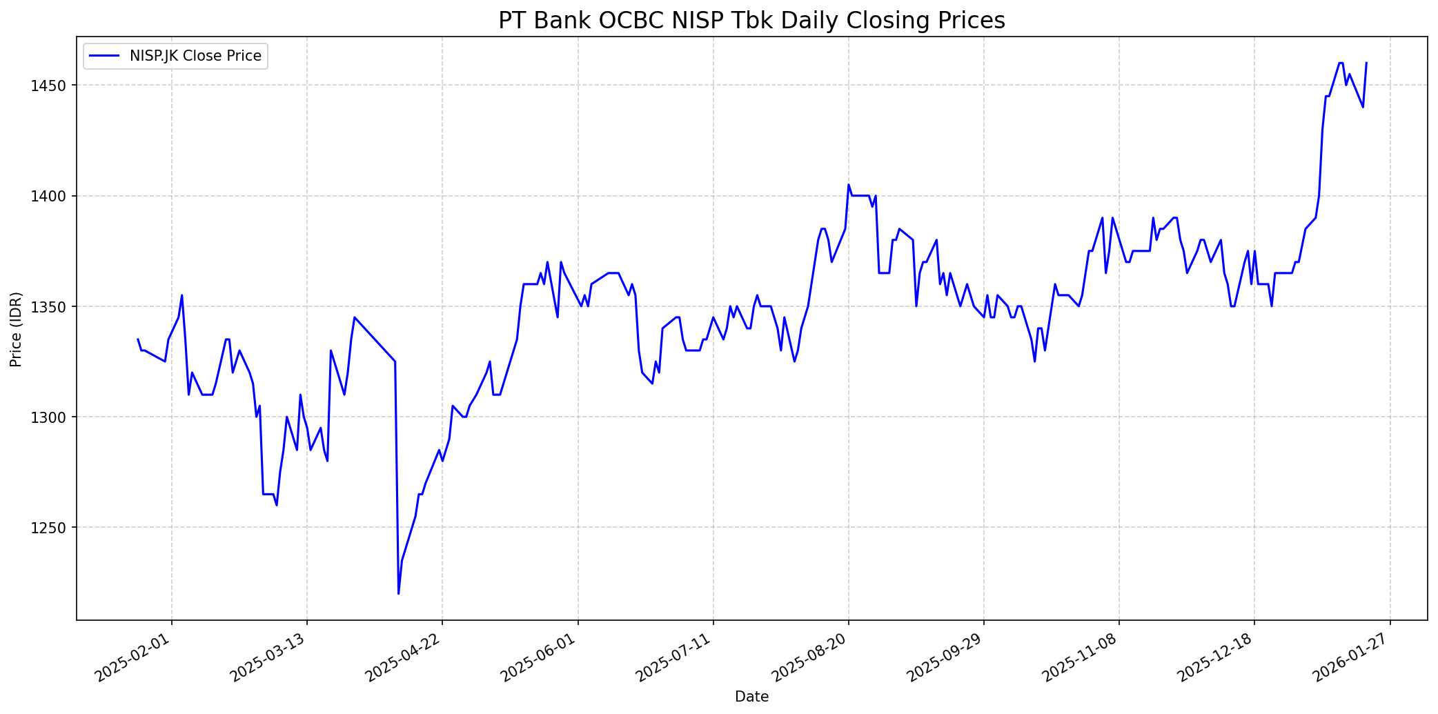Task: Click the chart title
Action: point(751,21)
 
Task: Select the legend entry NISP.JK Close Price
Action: point(195,56)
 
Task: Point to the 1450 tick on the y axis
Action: point(54,86)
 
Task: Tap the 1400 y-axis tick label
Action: point(54,196)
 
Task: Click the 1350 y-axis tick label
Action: point(54,306)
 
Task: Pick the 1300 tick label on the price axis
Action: point(54,417)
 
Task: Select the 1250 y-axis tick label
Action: point(54,528)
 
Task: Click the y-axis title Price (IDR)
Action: point(16,329)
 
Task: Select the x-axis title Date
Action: point(751,697)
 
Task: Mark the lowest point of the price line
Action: point(398,593)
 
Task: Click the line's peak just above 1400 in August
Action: point(849,184)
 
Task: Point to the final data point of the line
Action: point(1366,63)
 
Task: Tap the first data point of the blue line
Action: point(138,339)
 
